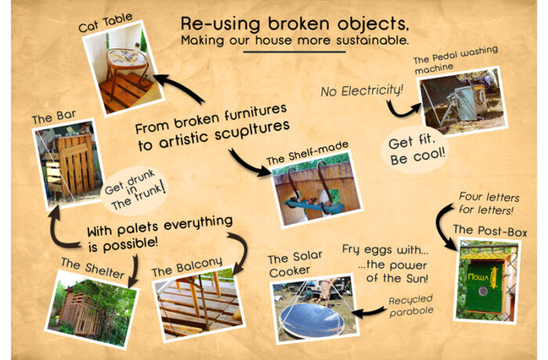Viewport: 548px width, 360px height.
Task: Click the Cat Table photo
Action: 123,68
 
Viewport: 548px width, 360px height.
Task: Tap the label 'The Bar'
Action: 53,117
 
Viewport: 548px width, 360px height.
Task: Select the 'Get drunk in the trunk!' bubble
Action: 135,190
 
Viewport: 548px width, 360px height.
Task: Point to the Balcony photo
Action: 199,304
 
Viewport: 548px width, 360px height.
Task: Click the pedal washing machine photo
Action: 463,102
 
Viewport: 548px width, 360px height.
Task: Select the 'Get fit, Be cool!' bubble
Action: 415,150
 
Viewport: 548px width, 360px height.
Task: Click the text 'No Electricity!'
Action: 362,91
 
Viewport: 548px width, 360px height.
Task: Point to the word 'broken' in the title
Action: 299,23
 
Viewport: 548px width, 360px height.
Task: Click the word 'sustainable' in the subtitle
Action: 372,40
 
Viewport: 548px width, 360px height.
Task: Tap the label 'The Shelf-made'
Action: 307,153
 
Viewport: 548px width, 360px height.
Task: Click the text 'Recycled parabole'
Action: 411,305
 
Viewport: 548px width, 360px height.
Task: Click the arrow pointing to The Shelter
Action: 133,272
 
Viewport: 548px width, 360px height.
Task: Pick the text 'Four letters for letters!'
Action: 489,203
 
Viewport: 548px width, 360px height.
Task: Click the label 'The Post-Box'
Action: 490,231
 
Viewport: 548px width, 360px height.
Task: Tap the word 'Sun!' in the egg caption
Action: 417,279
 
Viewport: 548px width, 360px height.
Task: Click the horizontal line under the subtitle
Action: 294,52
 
